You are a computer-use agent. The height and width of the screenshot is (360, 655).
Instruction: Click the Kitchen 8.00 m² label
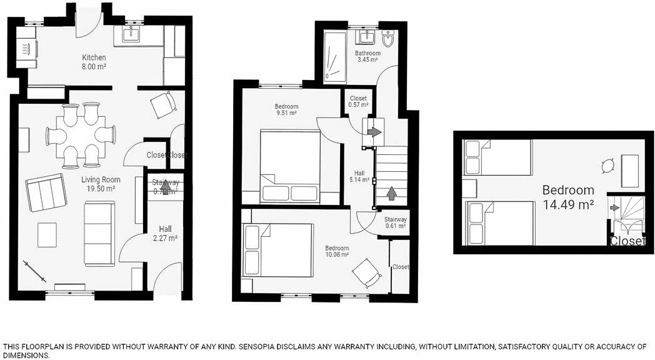click(93, 62)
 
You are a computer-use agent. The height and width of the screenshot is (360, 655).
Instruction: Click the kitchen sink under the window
click(132, 35)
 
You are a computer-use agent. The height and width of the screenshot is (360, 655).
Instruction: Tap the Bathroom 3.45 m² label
click(367, 57)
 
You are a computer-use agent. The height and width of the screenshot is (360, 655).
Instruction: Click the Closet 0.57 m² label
click(358, 101)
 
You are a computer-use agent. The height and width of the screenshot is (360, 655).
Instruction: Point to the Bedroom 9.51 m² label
click(286, 109)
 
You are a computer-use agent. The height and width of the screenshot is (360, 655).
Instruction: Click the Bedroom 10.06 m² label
click(336, 251)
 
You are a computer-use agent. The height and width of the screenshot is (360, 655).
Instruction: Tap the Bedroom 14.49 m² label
click(567, 197)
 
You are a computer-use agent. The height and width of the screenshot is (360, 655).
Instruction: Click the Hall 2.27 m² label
click(165, 233)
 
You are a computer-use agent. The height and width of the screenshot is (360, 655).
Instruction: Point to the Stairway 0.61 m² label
click(395, 222)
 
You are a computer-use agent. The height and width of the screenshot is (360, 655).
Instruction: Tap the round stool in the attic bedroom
click(607, 166)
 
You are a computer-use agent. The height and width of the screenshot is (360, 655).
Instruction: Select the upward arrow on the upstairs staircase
click(392, 193)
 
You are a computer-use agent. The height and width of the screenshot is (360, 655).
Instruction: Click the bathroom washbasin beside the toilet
click(369, 37)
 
